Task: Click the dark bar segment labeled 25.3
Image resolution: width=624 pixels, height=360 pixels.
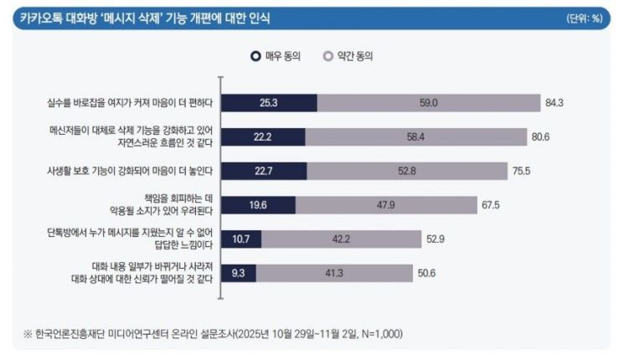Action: (269, 103)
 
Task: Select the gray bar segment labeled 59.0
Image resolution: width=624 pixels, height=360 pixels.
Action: (429, 103)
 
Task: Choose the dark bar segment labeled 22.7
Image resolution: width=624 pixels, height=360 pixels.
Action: (265, 171)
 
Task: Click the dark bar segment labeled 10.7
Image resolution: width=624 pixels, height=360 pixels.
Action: (241, 239)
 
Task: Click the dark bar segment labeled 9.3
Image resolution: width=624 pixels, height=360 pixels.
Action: (239, 273)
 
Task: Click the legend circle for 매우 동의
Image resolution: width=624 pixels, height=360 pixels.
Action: (255, 56)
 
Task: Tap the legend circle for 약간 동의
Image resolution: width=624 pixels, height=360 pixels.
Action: (327, 56)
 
